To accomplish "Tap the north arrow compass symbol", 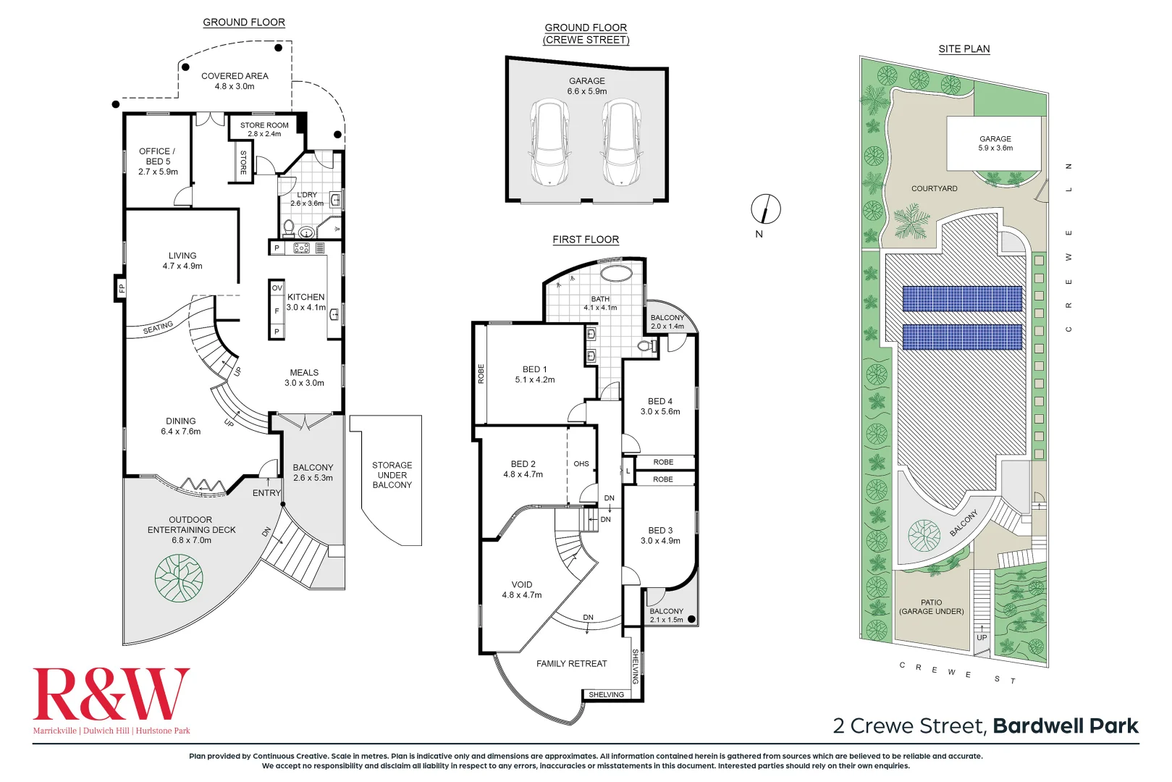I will pos(765,209).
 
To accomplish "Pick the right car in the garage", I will pos(621,143).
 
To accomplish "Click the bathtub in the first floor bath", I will pos(615,274).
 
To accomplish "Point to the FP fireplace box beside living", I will pos(121,289).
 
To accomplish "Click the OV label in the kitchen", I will pos(277,288).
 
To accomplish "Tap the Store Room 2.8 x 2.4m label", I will pos(264,130).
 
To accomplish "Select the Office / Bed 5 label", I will pos(158,161).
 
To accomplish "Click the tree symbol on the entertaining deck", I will pos(179,578).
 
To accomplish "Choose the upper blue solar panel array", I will pos(962,298).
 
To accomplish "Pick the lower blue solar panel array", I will pos(962,337).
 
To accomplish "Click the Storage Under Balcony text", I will pos(392,475).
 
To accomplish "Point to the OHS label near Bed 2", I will pos(581,463).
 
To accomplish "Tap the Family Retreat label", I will pos(571,663).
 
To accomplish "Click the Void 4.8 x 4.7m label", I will pos(521,589).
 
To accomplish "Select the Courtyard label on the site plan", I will pos(934,188).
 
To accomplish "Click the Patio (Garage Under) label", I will pos(931,607).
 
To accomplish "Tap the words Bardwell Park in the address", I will pos(1065,726).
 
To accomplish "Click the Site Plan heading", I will pos(964,49).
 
